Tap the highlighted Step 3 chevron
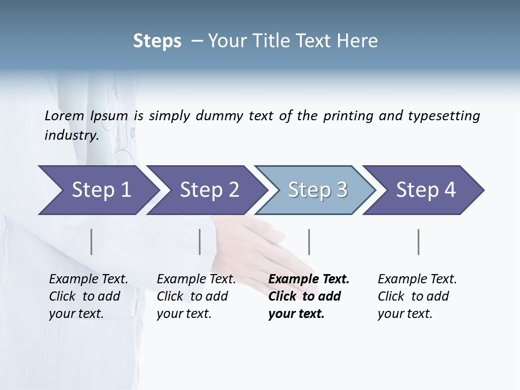click(317, 190)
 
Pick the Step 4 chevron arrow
click(425, 190)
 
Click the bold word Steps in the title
click(157, 41)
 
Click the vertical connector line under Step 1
click(92, 242)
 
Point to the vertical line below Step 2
click(200, 242)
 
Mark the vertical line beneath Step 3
click(309, 242)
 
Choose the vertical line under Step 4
click(419, 242)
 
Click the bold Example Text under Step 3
click(309, 279)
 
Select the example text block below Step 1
click(88, 296)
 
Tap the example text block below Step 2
click(196, 296)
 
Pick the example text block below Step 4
click(417, 296)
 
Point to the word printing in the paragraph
click(349, 115)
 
